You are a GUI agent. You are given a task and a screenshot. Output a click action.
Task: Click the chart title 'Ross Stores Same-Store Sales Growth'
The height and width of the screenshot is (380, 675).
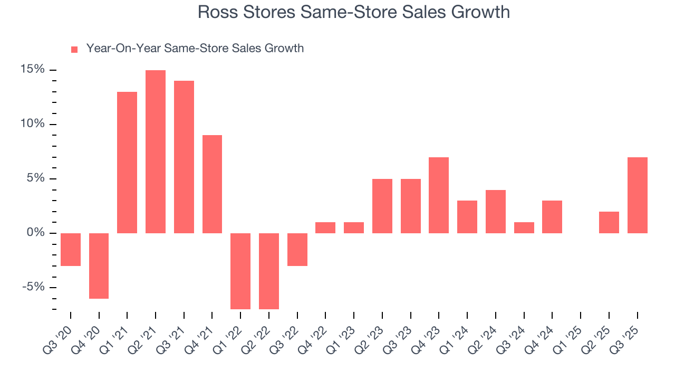354,12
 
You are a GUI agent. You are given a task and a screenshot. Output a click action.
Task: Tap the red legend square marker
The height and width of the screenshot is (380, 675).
74,49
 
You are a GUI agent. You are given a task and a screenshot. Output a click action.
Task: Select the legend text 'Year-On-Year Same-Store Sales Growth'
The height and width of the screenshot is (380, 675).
195,49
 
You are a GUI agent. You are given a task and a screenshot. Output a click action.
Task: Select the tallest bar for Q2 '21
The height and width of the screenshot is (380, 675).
156,151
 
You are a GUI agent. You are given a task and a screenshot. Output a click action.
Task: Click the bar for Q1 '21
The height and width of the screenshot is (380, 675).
127,163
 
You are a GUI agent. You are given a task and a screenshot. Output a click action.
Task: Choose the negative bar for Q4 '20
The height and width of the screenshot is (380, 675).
99,265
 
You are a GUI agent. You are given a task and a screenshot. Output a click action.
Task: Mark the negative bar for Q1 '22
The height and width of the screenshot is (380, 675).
240,271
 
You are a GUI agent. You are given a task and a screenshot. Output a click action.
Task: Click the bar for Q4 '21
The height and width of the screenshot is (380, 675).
212,184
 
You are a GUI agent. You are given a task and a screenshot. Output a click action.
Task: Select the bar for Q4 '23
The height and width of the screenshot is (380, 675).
439,195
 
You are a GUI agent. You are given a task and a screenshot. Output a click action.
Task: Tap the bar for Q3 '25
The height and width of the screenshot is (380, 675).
637,195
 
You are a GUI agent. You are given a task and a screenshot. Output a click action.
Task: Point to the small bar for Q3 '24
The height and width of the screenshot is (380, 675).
524,227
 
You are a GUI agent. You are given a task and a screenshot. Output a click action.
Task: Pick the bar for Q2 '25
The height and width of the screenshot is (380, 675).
609,222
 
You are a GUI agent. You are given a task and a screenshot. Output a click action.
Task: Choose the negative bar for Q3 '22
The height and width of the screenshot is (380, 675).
297,249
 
